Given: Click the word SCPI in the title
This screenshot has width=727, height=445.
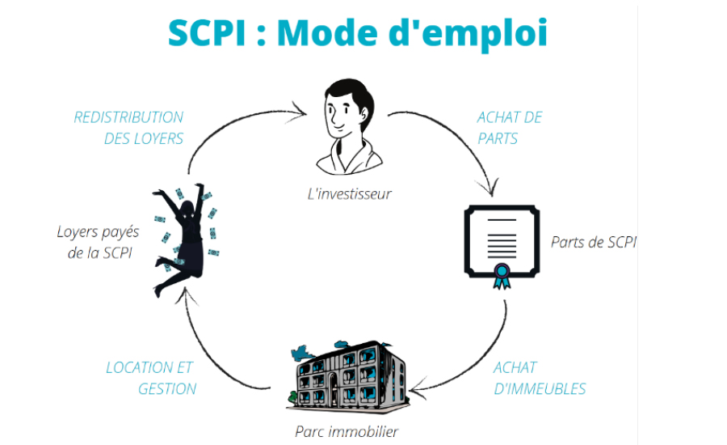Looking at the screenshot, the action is [x=206, y=32].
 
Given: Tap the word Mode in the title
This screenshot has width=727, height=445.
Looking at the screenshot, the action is [x=327, y=32].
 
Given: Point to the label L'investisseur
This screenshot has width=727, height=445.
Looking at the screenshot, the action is [x=350, y=193].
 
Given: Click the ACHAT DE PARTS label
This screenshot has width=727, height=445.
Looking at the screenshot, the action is [x=510, y=128].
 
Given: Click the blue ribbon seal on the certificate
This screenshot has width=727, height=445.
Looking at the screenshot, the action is [x=502, y=276].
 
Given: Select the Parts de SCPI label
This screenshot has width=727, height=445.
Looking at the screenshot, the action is [x=594, y=242].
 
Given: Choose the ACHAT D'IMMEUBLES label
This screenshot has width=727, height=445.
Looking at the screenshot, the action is [x=540, y=378].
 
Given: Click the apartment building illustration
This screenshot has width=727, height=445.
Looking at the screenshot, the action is [x=347, y=376].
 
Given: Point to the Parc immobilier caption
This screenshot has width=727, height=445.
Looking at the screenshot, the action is [x=347, y=431].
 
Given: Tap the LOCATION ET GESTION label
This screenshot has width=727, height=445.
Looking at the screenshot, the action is [x=151, y=378].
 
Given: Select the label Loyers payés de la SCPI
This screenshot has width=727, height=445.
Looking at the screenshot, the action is [x=98, y=243].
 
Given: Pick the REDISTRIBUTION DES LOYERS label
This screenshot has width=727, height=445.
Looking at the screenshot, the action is [x=128, y=128].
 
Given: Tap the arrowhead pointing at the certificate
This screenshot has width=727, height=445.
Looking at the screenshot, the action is [x=490, y=190].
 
